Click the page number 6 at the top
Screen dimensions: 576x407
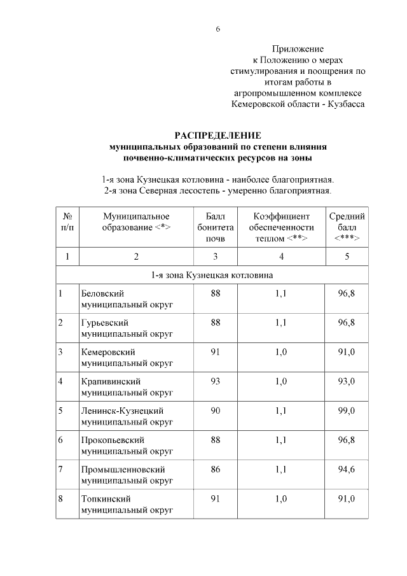point(217,29)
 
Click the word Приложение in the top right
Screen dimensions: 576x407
point(298,49)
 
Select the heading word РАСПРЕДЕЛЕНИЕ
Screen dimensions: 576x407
point(218,135)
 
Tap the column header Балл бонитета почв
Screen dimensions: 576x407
point(216,227)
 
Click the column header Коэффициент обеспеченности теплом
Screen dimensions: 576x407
point(280,227)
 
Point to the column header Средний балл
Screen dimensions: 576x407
point(347,227)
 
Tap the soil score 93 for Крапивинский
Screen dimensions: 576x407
point(216,381)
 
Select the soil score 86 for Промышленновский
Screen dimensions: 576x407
point(216,469)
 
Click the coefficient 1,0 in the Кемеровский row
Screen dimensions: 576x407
point(280,352)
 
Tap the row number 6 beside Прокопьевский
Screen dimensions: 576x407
point(60,440)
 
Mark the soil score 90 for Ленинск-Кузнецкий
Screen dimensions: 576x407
point(216,411)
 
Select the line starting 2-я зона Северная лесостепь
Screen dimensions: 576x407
point(217,190)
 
